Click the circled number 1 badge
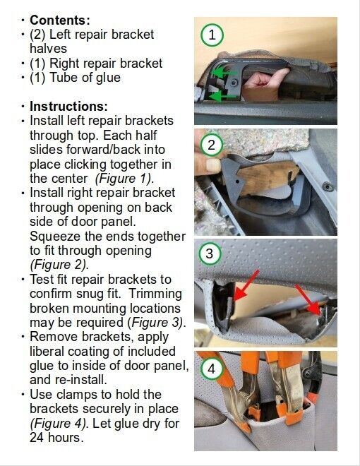tap(212, 35)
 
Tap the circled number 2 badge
tap(211, 145)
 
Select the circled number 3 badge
tap(210, 253)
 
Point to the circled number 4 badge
tap(211, 369)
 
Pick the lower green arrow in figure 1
tap(223, 96)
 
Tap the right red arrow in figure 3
tap(308, 299)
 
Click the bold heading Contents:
tap(60, 20)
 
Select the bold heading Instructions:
tap(68, 106)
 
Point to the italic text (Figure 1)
tap(124, 179)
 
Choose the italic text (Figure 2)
tap(59, 265)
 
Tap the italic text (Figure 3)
tap(157, 323)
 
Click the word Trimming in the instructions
tap(155, 294)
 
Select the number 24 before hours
tap(37, 437)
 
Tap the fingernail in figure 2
tap(213, 165)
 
